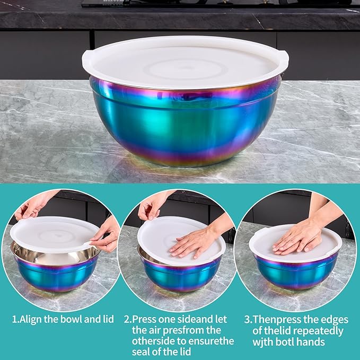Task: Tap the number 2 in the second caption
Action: pyautogui.click(x=127, y=320)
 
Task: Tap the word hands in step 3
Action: pyautogui.click(x=311, y=342)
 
